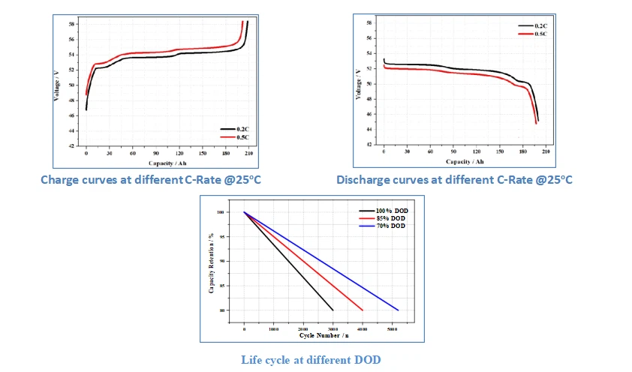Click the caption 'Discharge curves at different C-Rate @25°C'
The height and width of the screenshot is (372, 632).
point(454,180)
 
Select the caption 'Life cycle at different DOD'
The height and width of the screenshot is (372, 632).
point(311,360)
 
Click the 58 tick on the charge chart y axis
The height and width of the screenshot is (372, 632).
point(71,23)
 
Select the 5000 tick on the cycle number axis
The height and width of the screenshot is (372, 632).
point(390,329)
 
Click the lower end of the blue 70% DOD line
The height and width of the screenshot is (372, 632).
point(398,310)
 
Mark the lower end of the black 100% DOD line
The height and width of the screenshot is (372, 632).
point(333,310)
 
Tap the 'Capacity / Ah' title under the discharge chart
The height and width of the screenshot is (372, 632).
point(465,161)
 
